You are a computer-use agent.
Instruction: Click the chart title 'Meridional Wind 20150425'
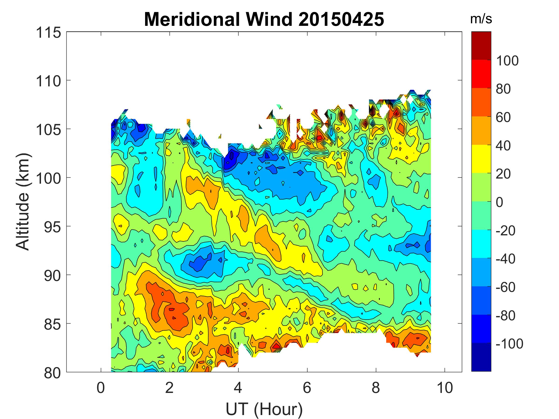264,20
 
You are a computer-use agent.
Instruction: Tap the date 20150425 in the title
341,20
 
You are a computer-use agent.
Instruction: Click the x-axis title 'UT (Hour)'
264,409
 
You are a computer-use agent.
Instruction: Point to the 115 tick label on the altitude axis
48,33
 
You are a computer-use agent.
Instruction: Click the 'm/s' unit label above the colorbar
481,20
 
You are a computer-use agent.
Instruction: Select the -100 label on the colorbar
509,344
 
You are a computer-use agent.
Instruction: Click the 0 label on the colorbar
499,202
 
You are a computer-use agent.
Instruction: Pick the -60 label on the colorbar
505,287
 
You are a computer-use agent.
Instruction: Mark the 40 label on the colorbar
503,146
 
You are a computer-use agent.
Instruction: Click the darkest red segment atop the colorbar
481,45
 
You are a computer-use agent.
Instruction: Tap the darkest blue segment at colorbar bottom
481,357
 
